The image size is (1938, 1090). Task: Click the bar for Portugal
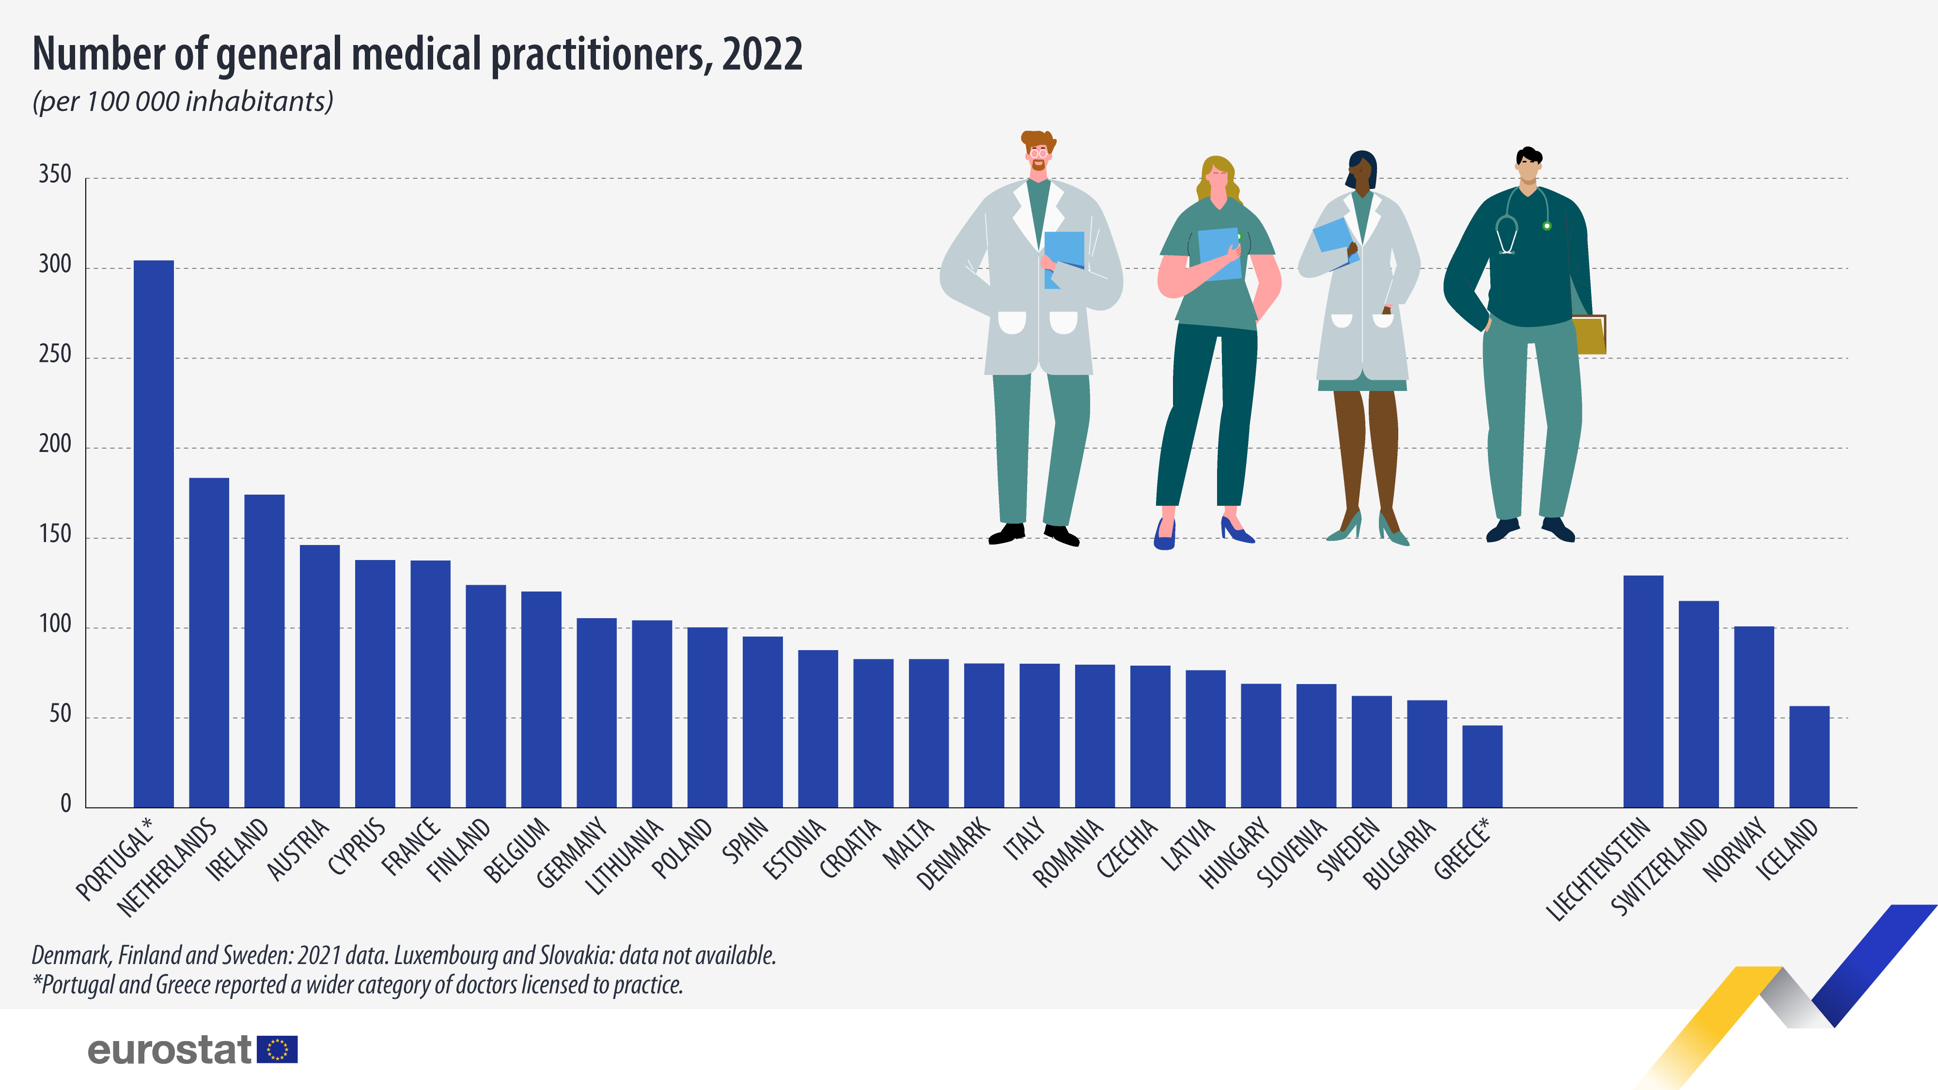point(154,533)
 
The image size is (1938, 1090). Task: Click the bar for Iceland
point(1809,756)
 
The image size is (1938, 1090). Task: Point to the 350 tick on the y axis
point(55,175)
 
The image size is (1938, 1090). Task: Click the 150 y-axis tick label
point(55,535)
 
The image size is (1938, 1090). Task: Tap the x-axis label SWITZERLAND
point(1660,867)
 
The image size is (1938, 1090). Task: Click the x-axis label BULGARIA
point(1399,854)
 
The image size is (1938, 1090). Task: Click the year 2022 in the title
point(762,54)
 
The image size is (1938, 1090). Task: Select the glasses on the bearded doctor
point(1039,153)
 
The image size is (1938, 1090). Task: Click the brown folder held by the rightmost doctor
point(1589,335)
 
